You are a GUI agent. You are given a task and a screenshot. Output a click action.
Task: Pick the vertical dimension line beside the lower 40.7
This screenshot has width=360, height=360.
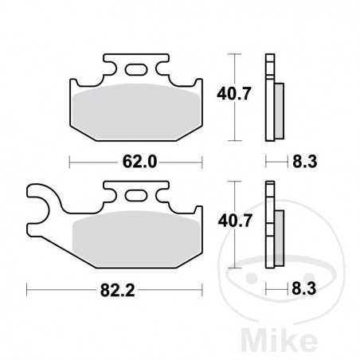tap(232, 223)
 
